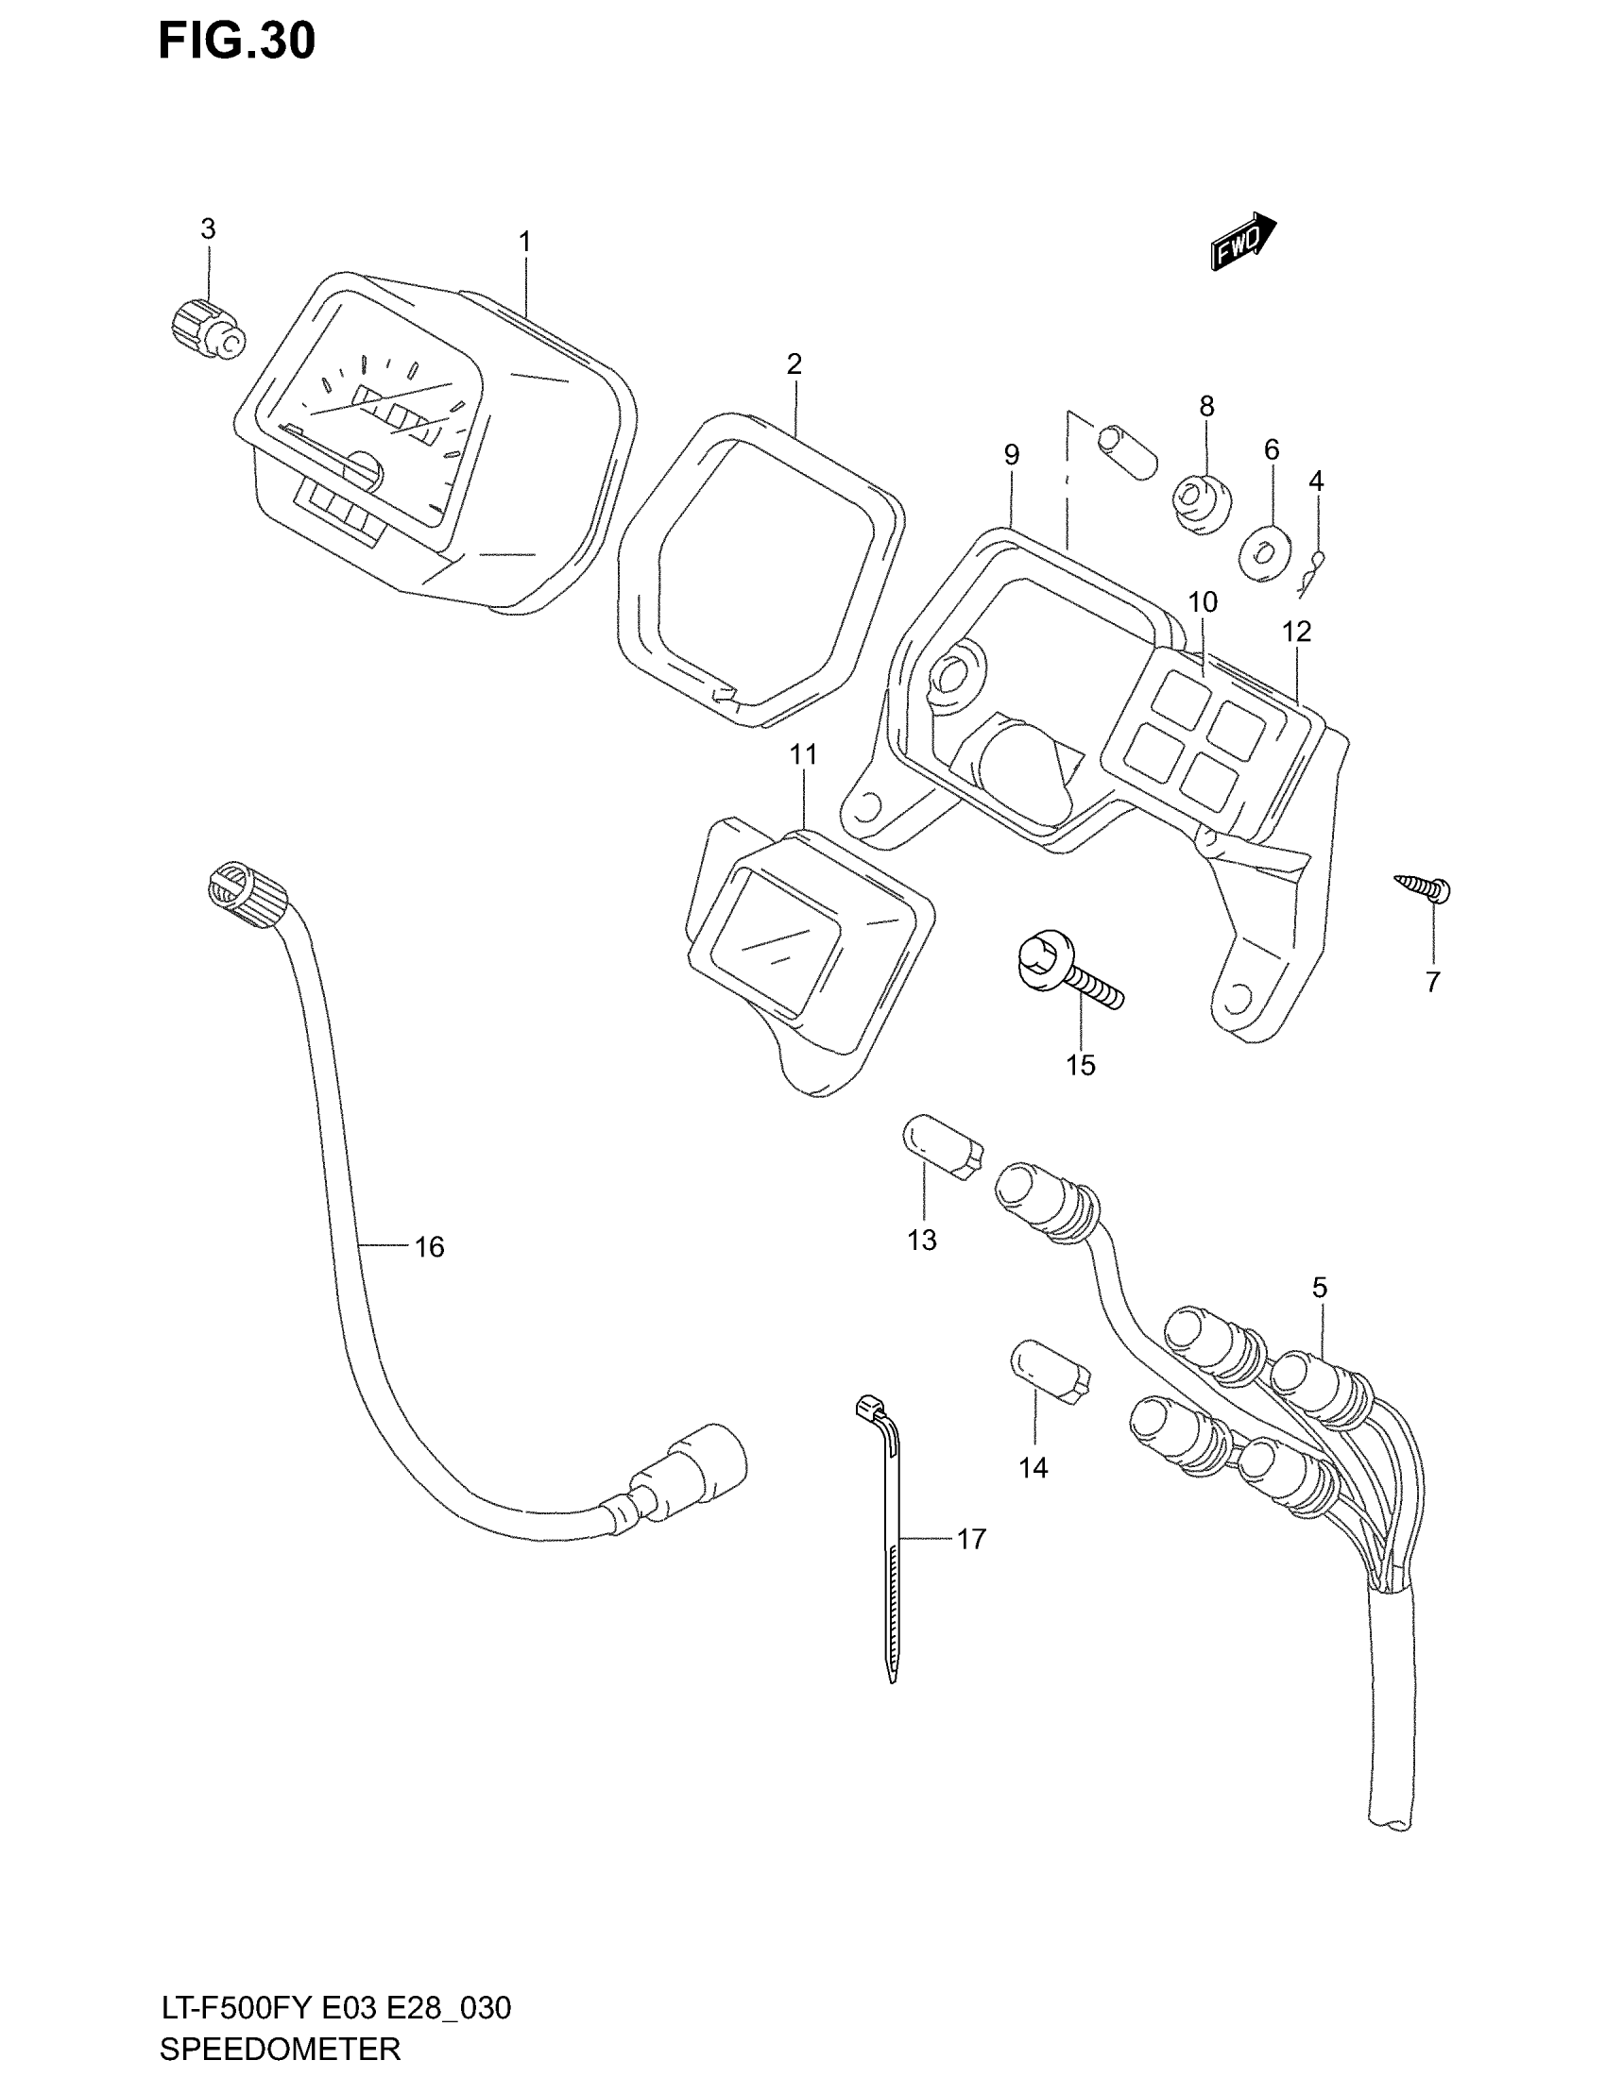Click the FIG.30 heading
pyautogui.click(x=237, y=42)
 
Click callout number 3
pyautogui.click(x=208, y=229)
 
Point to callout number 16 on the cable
pyautogui.click(x=429, y=1247)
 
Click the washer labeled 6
pyautogui.click(x=1263, y=552)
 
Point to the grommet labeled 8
pyautogui.click(x=1201, y=504)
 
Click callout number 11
pyautogui.click(x=803, y=755)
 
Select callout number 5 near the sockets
pyautogui.click(x=1319, y=1288)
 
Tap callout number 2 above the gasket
pyautogui.click(x=794, y=364)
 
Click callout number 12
pyautogui.click(x=1296, y=631)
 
